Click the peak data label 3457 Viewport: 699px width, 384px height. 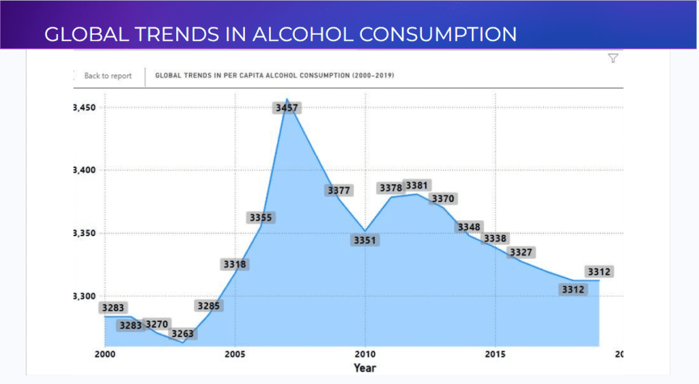[287, 108]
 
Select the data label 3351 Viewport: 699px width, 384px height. [365, 240]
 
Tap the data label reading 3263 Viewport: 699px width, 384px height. [182, 334]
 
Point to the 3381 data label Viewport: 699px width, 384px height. [416, 186]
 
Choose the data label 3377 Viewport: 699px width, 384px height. [339, 190]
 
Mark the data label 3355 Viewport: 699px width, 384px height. [260, 218]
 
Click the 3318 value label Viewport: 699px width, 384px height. [234, 264]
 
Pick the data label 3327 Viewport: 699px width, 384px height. [521, 252]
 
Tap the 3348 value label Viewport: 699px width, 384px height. [469, 227]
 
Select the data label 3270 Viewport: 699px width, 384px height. [157, 324]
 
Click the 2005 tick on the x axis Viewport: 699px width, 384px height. [235, 355]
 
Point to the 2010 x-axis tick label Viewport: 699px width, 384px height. [365, 355]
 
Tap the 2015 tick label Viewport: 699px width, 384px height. [496, 355]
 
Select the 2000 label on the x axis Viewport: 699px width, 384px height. [104, 355]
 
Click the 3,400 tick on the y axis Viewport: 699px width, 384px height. [85, 171]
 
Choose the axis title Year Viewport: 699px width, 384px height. [365, 368]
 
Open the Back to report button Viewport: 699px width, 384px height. [108, 76]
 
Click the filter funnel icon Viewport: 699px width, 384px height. [613, 59]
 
